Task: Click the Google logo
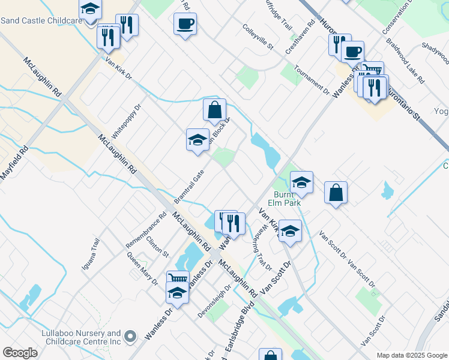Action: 20,353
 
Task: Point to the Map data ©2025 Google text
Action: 411,355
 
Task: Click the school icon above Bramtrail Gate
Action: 197,140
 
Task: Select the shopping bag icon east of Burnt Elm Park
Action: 336,193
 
